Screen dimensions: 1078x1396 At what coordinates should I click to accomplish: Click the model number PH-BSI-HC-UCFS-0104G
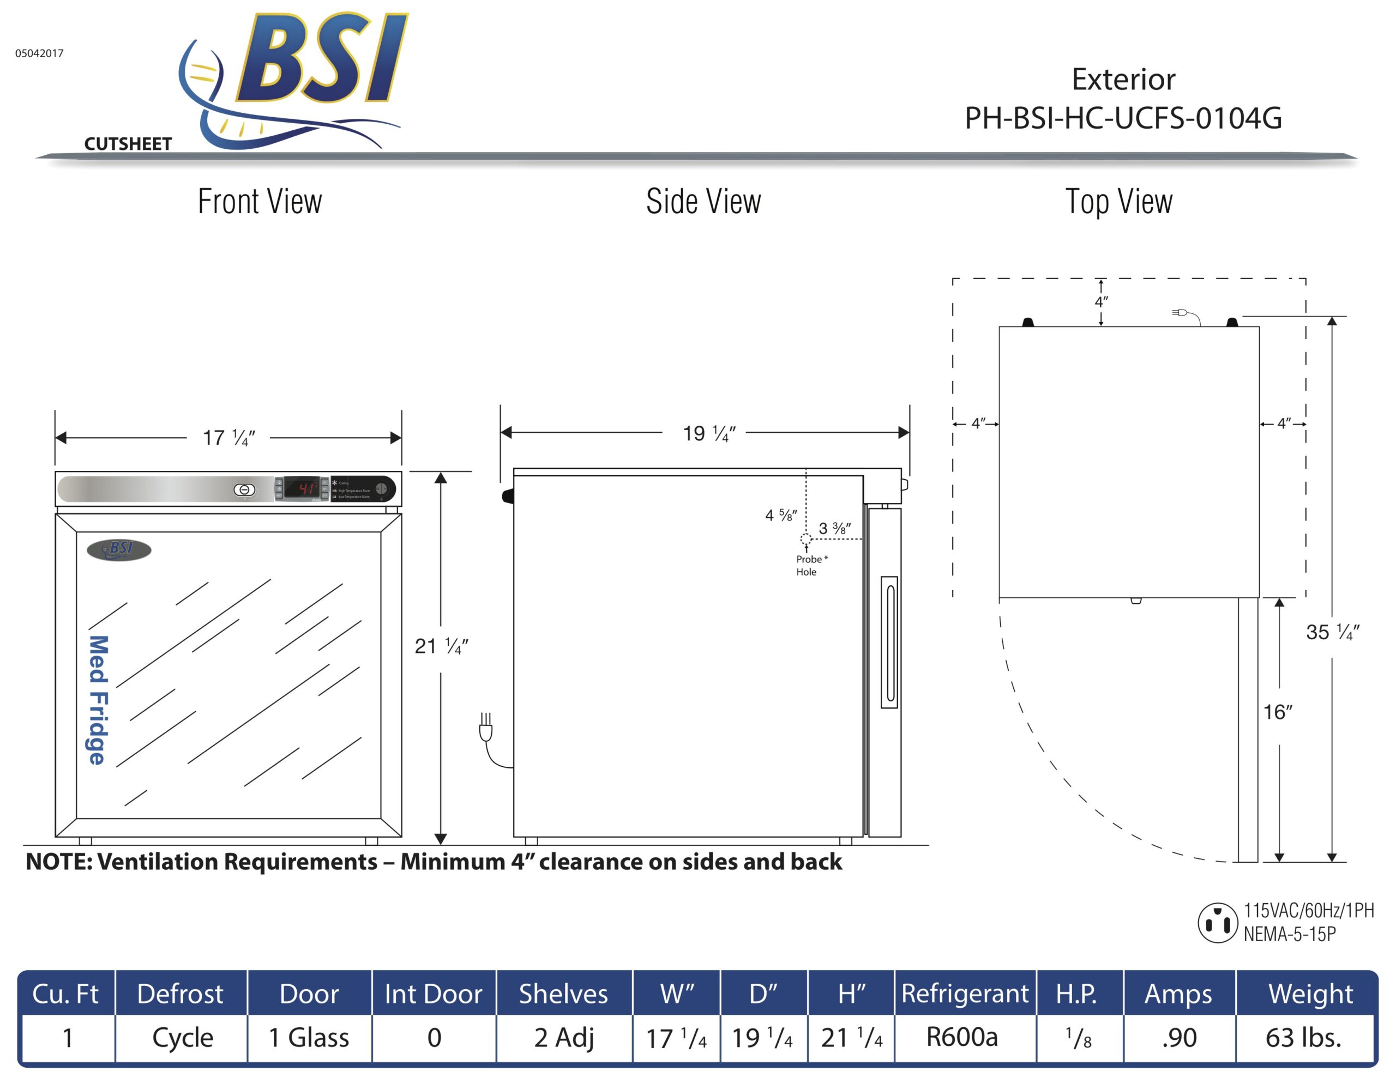tap(1123, 118)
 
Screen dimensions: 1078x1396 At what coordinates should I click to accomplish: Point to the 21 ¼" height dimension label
tap(441, 646)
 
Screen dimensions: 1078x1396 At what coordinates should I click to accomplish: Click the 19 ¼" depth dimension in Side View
tap(709, 434)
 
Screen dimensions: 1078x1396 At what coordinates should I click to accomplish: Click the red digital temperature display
tap(302, 489)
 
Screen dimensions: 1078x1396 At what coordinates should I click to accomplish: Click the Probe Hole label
tap(810, 566)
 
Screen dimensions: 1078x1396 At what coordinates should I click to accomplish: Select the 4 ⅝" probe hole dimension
tap(780, 515)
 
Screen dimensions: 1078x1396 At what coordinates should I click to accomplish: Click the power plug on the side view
tap(486, 729)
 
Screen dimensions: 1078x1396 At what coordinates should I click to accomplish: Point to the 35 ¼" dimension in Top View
tap(1332, 632)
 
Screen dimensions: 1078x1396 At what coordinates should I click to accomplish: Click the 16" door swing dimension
tap(1277, 712)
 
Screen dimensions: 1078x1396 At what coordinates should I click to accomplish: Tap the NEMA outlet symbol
tap(1217, 923)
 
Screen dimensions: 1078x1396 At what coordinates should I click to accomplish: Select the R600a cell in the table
tap(962, 1037)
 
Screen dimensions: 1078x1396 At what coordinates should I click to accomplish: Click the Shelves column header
tap(563, 994)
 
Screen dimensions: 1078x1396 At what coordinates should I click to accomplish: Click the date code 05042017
tap(40, 53)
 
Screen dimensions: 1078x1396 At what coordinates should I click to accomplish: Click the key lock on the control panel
tap(244, 489)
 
